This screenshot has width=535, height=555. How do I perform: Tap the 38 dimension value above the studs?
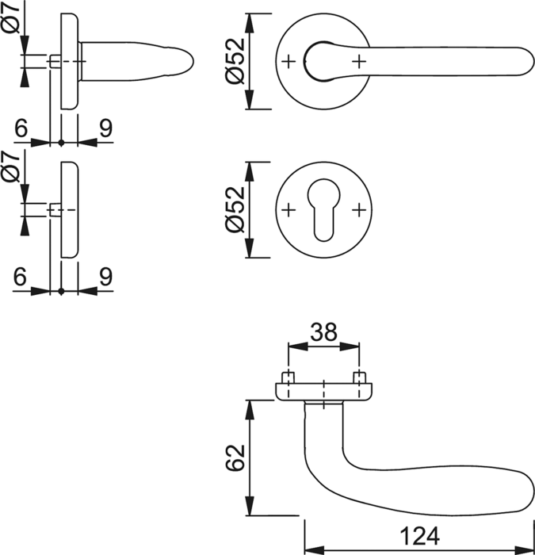pos(323,333)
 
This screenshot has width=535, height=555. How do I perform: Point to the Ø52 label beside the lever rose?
pos(235,60)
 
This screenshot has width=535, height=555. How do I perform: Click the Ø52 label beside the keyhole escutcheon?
pos(235,210)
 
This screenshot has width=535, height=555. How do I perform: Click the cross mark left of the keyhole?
pos(289,209)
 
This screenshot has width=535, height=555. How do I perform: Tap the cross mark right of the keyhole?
pos(360,209)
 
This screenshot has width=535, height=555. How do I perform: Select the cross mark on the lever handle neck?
pos(360,60)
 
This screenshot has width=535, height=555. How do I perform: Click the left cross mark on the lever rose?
pos(289,60)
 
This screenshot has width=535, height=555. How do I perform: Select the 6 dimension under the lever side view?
pos(21,127)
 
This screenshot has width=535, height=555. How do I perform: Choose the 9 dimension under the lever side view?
pos(105,127)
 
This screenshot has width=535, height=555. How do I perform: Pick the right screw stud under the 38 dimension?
pos(360,377)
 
